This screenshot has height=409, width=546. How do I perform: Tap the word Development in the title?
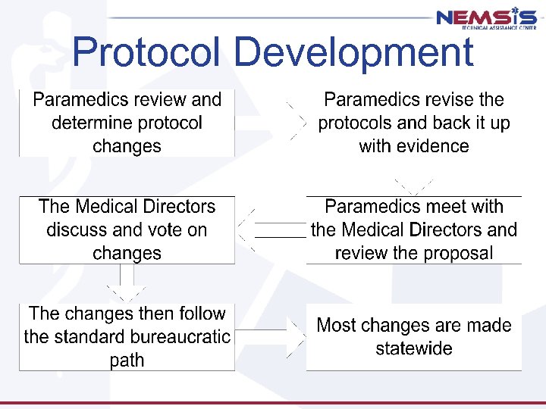353,53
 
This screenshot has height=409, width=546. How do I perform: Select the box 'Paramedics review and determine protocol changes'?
127,123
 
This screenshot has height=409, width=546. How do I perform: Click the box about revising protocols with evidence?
414,123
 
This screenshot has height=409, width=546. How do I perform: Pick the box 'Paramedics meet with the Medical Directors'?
414,229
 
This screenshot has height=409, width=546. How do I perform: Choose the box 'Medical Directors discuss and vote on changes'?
127,229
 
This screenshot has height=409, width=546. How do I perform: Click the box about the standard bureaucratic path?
127,336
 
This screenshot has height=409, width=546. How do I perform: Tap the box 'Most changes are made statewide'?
414,336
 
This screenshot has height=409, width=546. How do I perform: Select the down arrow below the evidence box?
414,185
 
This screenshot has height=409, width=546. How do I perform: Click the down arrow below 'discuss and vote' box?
127,284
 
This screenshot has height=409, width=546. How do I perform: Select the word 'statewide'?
414,348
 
